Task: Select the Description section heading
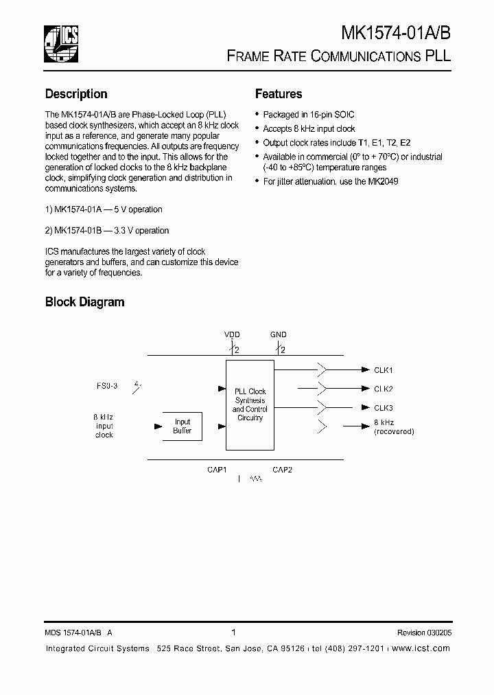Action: click(x=76, y=94)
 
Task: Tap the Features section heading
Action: click(x=279, y=94)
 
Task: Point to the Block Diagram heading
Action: click(x=84, y=301)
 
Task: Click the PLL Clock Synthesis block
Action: click(x=250, y=405)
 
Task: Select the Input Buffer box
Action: click(x=183, y=426)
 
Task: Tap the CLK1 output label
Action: click(x=384, y=370)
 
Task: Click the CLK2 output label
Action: click(x=384, y=389)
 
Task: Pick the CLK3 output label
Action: click(x=384, y=408)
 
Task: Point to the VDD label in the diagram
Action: click(x=232, y=334)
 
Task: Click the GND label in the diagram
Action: click(x=278, y=334)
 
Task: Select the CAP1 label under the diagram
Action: click(x=217, y=470)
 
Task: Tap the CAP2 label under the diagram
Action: click(x=283, y=470)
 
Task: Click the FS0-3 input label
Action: click(x=107, y=386)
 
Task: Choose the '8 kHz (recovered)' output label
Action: click(x=394, y=427)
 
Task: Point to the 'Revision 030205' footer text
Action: click(x=424, y=633)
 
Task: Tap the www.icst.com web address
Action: click(x=421, y=649)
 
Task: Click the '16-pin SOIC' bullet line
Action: click(x=309, y=115)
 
